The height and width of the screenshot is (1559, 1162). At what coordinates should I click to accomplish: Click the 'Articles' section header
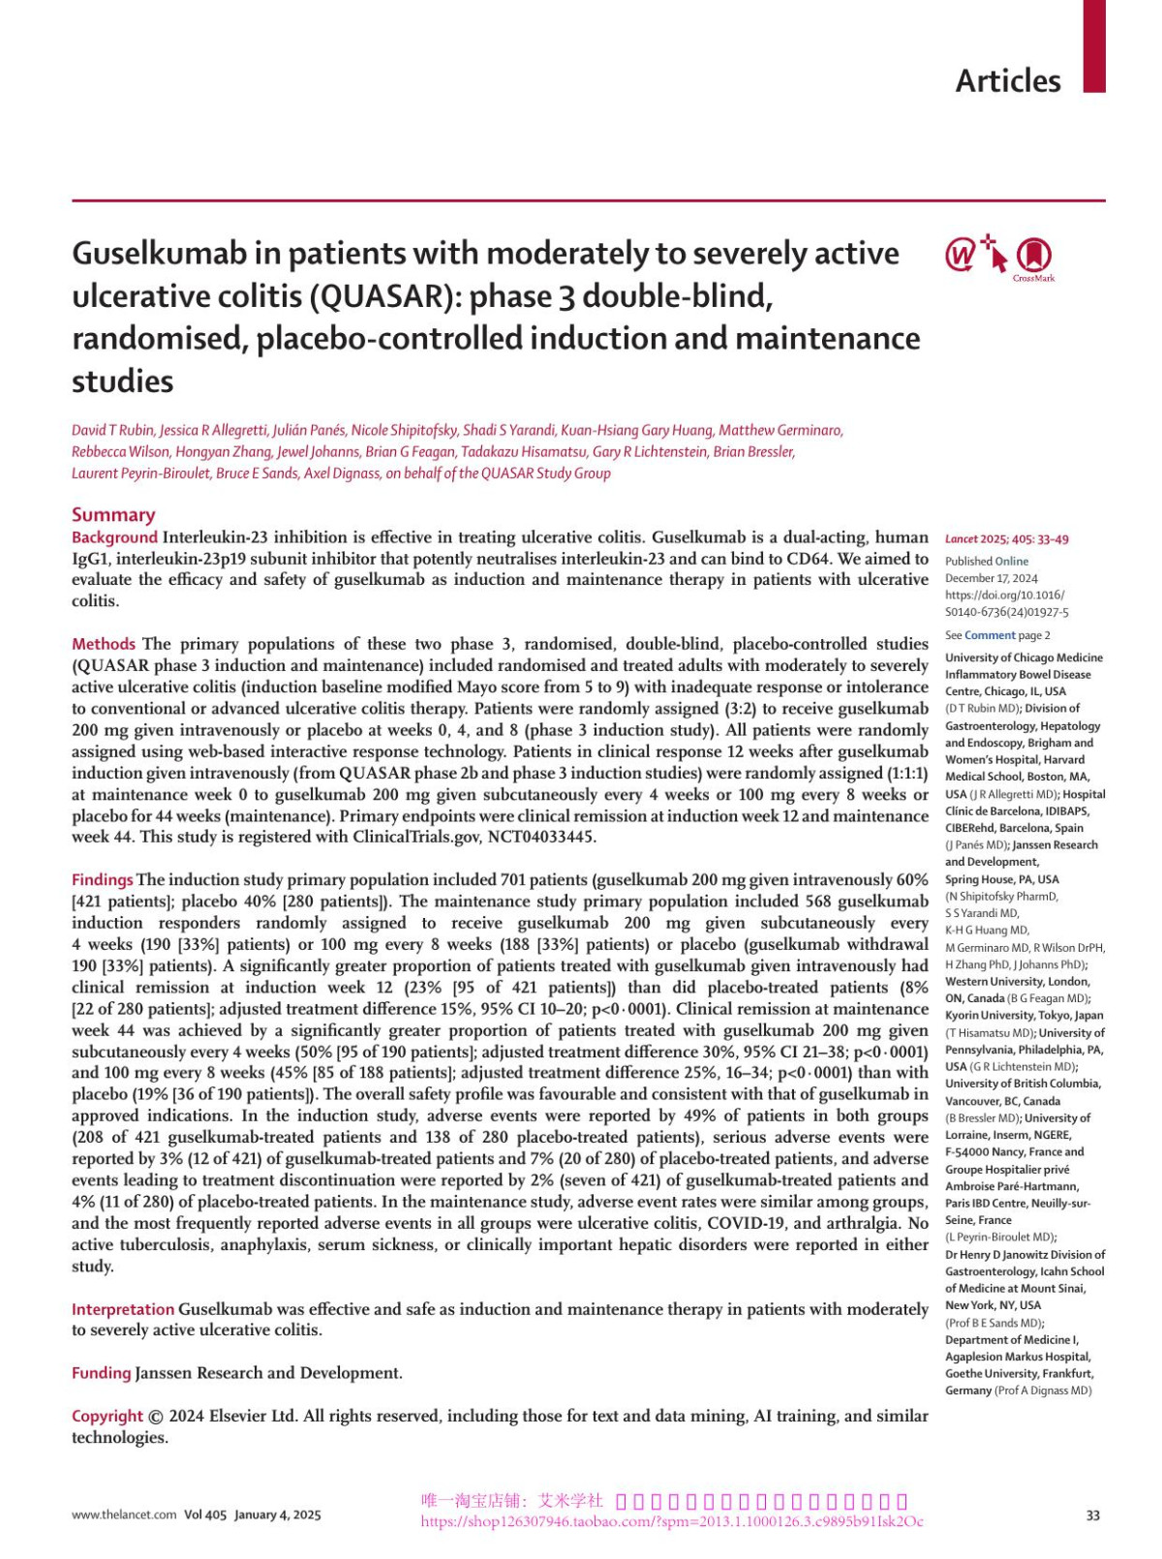(x=1007, y=80)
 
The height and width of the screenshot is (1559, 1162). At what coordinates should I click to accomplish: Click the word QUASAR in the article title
(x=389, y=296)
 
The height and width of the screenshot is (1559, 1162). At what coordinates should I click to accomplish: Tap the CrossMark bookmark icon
(x=1033, y=255)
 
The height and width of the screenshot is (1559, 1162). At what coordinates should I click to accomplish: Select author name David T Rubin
(x=112, y=430)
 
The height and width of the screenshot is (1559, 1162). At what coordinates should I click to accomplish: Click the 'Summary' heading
(x=113, y=515)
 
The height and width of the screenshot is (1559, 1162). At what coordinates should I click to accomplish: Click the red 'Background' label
(x=114, y=537)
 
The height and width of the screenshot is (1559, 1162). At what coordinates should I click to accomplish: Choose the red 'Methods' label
(x=104, y=644)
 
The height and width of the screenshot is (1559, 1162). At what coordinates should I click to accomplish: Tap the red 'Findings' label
(x=102, y=880)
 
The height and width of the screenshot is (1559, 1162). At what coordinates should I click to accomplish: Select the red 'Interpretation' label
(x=123, y=1309)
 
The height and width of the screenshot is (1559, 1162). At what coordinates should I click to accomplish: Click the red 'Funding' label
(x=101, y=1373)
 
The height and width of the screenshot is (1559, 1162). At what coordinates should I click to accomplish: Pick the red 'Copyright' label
(x=107, y=1416)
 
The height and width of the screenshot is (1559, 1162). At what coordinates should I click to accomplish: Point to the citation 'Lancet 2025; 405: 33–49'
(x=1007, y=539)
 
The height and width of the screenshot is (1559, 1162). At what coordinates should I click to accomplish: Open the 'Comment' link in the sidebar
(x=989, y=635)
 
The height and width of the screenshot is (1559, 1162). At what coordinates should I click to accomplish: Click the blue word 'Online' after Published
(x=1012, y=561)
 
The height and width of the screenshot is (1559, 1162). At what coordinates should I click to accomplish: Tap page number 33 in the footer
(x=1092, y=1515)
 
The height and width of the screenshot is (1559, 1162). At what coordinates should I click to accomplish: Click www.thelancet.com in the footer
(x=124, y=1514)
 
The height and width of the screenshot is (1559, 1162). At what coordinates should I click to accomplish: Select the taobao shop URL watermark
(x=671, y=1521)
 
